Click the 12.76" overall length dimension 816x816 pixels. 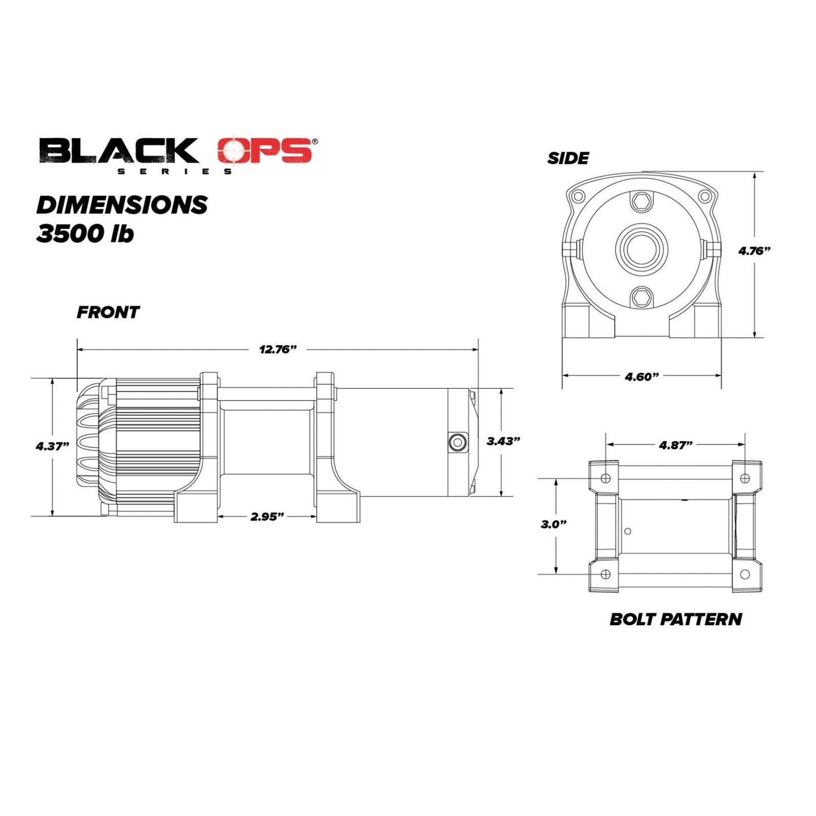click(x=278, y=349)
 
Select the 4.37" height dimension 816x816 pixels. click(x=52, y=446)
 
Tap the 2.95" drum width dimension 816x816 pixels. click(x=267, y=516)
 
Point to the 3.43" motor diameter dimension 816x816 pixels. click(x=503, y=441)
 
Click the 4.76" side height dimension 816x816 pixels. click(x=754, y=251)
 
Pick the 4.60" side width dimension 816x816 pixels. click(x=642, y=377)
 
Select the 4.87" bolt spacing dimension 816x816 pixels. click(x=675, y=445)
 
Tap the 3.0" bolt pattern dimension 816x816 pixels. click(x=553, y=524)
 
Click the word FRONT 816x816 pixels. click(x=108, y=312)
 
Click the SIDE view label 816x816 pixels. click(x=568, y=158)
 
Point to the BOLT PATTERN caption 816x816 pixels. click(x=675, y=619)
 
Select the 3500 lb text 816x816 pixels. click(x=85, y=234)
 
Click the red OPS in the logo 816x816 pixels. click(x=264, y=151)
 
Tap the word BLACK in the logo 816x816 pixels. click(x=119, y=151)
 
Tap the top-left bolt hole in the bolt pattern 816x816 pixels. click(x=606, y=479)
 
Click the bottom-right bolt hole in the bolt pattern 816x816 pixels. click(x=745, y=574)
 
